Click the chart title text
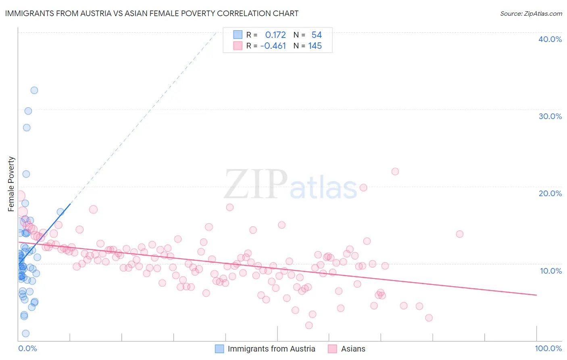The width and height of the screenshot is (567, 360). tap(152, 13)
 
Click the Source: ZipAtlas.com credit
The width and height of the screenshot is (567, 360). tap(531, 13)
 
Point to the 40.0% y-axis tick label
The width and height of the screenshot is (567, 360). tap(550, 39)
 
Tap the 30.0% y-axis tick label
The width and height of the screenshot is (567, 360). tap(550, 116)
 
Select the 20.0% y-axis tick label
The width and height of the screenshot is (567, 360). tap(550, 193)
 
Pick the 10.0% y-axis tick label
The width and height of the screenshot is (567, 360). tap(550, 271)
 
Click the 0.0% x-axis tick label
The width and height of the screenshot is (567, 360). tap(27, 348)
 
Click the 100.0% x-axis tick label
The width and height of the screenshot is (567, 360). tap(548, 348)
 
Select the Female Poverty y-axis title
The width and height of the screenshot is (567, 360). tap(11, 184)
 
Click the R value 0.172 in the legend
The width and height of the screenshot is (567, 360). tap(275, 35)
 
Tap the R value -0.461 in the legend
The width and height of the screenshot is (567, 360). tap(273, 46)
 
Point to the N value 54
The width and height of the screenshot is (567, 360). tap(317, 35)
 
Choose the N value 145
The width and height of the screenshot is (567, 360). tap(315, 46)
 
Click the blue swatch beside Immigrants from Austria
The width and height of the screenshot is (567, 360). tap(219, 349)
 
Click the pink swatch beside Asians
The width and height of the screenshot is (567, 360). tap(332, 349)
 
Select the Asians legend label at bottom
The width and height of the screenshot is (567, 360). tap(353, 349)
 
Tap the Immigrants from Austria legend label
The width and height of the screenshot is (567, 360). tap(271, 349)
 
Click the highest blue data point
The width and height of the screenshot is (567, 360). tap(34, 90)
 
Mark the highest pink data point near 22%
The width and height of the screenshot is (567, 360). tap(395, 172)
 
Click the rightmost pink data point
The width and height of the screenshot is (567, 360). tap(459, 234)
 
